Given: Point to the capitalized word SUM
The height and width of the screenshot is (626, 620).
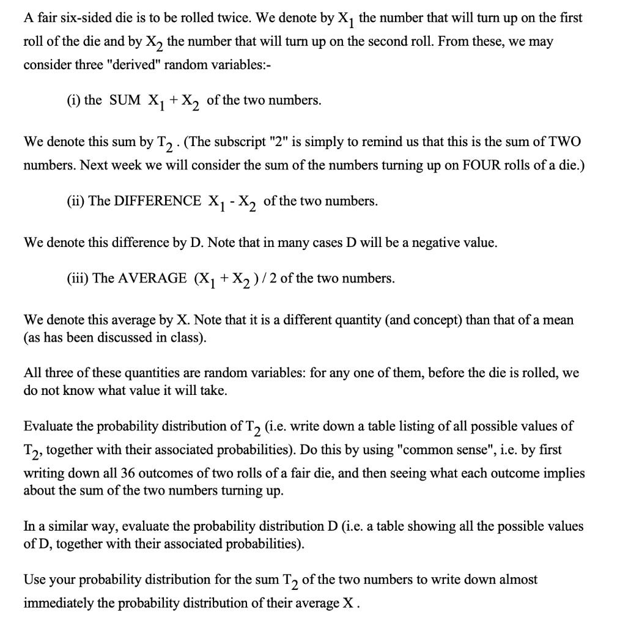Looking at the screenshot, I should click(x=125, y=100).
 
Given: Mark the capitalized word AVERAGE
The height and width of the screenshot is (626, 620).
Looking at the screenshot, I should click(x=152, y=278).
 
